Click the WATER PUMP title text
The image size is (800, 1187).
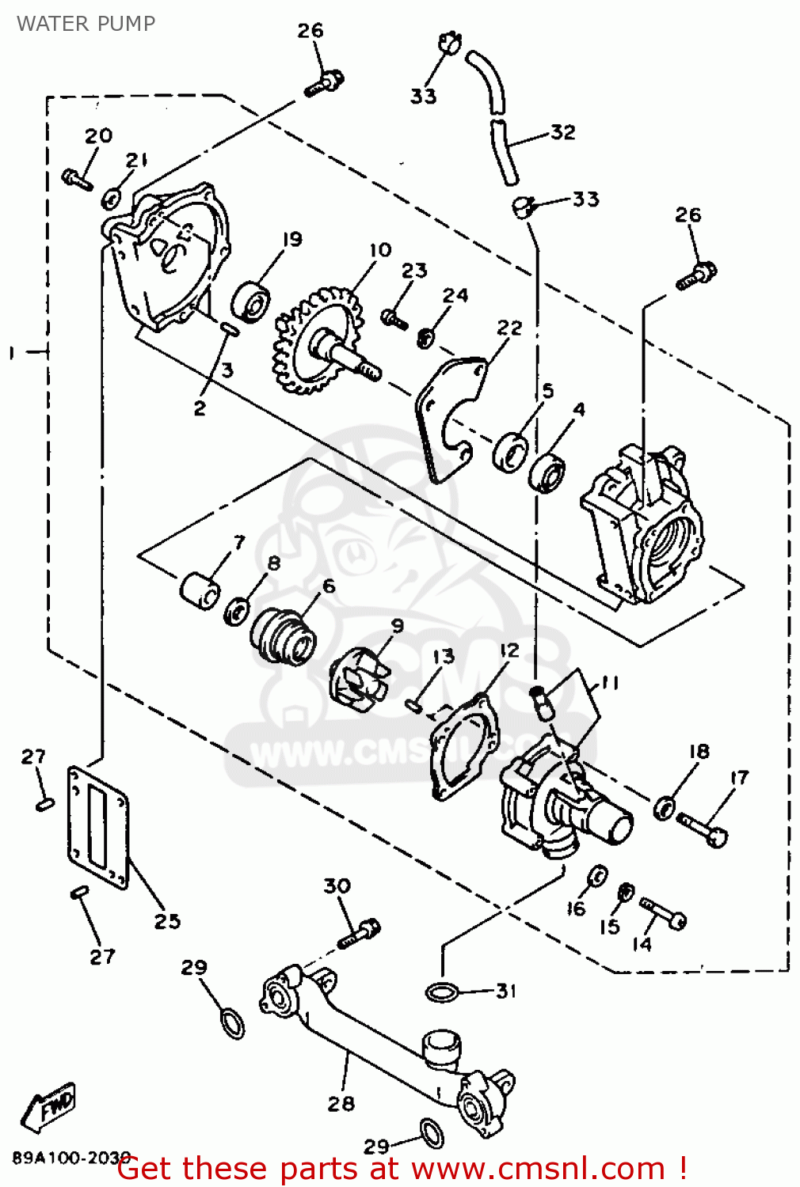coord(86,24)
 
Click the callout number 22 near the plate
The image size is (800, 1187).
coord(509,328)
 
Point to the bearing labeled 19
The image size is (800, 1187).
coord(251,301)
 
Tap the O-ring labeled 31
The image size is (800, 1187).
coord(442,992)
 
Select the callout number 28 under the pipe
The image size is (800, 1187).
coord(341,1104)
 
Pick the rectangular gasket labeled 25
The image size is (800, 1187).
coord(98,827)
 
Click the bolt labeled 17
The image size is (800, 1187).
coord(703,829)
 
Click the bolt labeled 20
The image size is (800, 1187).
coord(78,180)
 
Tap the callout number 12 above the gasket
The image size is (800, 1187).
coord(509,650)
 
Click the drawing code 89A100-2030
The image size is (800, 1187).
coord(71,1158)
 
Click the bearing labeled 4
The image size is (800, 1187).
coord(547,473)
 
